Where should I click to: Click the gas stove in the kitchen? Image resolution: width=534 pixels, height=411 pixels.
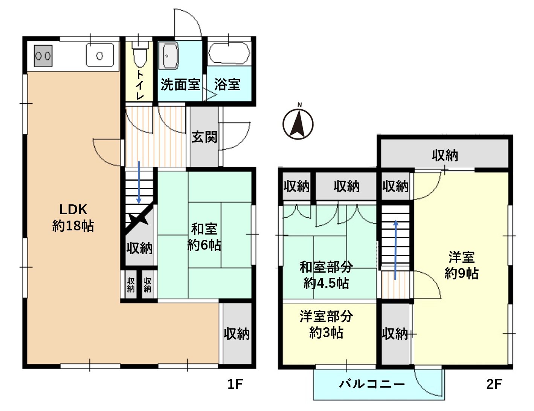[x=43, y=56]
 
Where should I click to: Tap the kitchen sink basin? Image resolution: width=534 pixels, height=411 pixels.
[x=100, y=55]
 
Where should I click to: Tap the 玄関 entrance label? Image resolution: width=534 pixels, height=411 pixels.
[x=204, y=137]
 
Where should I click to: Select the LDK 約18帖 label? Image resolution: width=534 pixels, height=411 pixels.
[x=73, y=218]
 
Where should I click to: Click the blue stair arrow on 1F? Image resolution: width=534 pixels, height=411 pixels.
[x=139, y=182]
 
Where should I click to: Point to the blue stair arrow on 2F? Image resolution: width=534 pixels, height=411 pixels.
[x=396, y=250]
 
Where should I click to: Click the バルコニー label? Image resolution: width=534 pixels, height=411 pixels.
[x=372, y=384]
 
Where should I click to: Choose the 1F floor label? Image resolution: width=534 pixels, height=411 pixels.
[x=235, y=384]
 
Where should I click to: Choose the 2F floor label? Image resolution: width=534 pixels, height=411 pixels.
[x=494, y=384]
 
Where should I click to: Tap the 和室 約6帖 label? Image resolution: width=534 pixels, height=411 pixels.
[x=204, y=237]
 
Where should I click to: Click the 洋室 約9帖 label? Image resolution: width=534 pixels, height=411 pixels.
[x=461, y=265]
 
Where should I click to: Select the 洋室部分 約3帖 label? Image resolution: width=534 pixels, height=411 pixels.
[x=327, y=324]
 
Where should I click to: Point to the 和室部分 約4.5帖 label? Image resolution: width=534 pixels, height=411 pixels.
[x=327, y=275]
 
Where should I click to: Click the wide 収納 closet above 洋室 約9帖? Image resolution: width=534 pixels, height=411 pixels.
[x=445, y=156]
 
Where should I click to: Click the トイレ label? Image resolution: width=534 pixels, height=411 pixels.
[x=139, y=85]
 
